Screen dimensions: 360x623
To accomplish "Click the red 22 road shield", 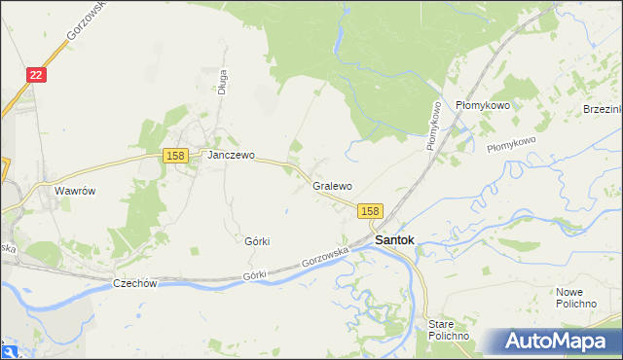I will click(x=35, y=74).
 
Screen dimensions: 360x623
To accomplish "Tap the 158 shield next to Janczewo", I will click(x=175, y=156).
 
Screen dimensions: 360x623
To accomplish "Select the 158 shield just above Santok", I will click(x=370, y=210).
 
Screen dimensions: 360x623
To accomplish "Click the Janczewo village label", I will click(x=230, y=155).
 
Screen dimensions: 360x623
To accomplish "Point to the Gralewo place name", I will click(x=332, y=185).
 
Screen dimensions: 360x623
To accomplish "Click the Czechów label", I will click(x=135, y=283).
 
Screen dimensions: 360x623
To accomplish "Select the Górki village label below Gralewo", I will click(x=257, y=240).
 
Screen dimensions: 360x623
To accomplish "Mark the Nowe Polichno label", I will click(x=576, y=298).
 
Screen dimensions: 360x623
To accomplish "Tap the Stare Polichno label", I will click(x=449, y=329).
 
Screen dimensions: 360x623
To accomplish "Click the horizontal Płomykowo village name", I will click(x=483, y=105).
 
